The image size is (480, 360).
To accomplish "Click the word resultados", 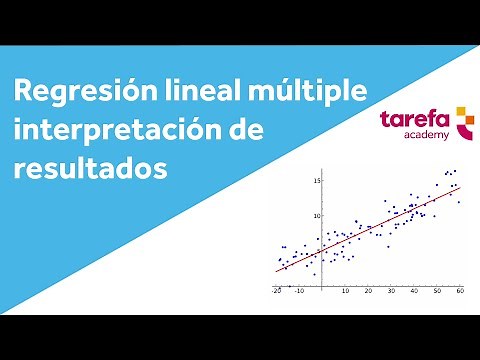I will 89,169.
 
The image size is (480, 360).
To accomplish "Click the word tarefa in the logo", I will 414,120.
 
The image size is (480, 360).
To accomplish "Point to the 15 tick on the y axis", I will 316,181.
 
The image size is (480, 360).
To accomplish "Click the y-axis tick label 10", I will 316,216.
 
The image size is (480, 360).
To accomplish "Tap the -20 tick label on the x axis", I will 277,291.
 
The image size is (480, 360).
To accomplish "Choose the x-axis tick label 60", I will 459,291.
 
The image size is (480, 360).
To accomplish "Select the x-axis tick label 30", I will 390,291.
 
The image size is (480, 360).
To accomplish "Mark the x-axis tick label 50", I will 436,291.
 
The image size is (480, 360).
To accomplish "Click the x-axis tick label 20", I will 367,291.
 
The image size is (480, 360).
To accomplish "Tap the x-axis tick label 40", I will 413,291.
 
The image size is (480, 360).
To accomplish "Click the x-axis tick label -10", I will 299,291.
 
